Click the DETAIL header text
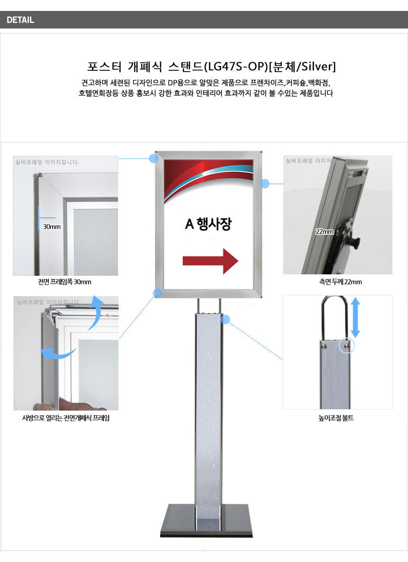20,20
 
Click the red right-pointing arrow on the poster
210,261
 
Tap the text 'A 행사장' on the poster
208,224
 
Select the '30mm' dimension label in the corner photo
52,227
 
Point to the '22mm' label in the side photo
325,232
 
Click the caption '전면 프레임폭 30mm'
65,282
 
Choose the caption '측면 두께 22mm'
340,282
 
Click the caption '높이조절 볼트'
336,418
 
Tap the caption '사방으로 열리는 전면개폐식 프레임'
66,418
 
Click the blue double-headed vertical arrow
355,318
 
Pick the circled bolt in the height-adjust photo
346,346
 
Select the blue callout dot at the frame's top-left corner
154,159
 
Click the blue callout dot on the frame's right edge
265,184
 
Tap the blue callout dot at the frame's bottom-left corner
157,293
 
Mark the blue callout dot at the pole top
225,319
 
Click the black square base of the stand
206,521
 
